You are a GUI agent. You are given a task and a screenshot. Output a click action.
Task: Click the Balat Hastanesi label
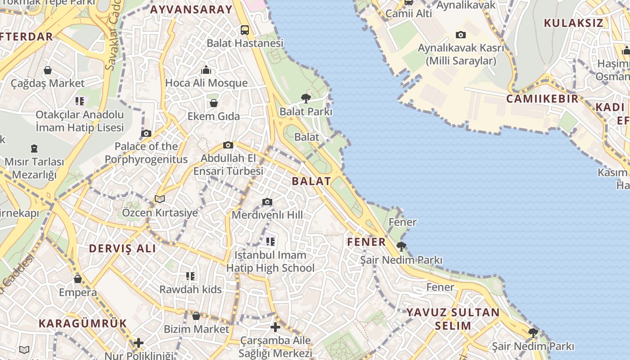click(245, 43)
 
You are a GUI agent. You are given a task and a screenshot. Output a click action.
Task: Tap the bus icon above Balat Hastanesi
click(245, 30)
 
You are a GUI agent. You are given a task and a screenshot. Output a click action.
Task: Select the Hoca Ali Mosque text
click(207, 83)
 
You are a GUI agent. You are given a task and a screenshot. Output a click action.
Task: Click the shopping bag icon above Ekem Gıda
click(214, 103)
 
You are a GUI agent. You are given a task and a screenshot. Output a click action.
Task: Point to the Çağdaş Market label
click(48, 83)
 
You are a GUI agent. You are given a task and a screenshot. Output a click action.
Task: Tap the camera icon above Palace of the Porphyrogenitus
click(146, 133)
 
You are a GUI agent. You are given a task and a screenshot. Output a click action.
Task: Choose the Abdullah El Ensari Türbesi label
click(228, 165)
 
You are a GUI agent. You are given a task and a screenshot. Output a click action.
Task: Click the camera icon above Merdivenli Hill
click(267, 202)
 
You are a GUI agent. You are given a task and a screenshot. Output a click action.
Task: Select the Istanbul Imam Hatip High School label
click(270, 261)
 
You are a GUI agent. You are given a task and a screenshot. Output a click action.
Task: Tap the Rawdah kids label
click(190, 289)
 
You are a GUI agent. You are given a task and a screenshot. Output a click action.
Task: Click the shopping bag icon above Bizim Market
click(196, 316)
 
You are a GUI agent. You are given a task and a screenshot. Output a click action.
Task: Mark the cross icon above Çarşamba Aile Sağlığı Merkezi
click(275, 327)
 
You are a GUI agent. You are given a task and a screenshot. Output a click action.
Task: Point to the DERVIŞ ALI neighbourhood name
click(122, 248)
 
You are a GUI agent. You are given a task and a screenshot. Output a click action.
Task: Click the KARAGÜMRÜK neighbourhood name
click(83, 323)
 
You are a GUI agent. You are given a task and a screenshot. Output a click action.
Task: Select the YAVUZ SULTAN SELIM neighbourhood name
click(453, 319)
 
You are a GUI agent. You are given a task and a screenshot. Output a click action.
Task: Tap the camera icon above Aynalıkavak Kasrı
click(461, 35)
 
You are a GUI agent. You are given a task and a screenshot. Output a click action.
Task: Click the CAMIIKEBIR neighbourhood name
click(543, 99)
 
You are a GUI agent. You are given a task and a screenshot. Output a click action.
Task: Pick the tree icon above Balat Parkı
click(306, 98)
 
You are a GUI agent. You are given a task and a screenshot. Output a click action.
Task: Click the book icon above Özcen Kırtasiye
click(160, 199)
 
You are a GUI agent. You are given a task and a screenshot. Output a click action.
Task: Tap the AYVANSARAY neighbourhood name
click(191, 9)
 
